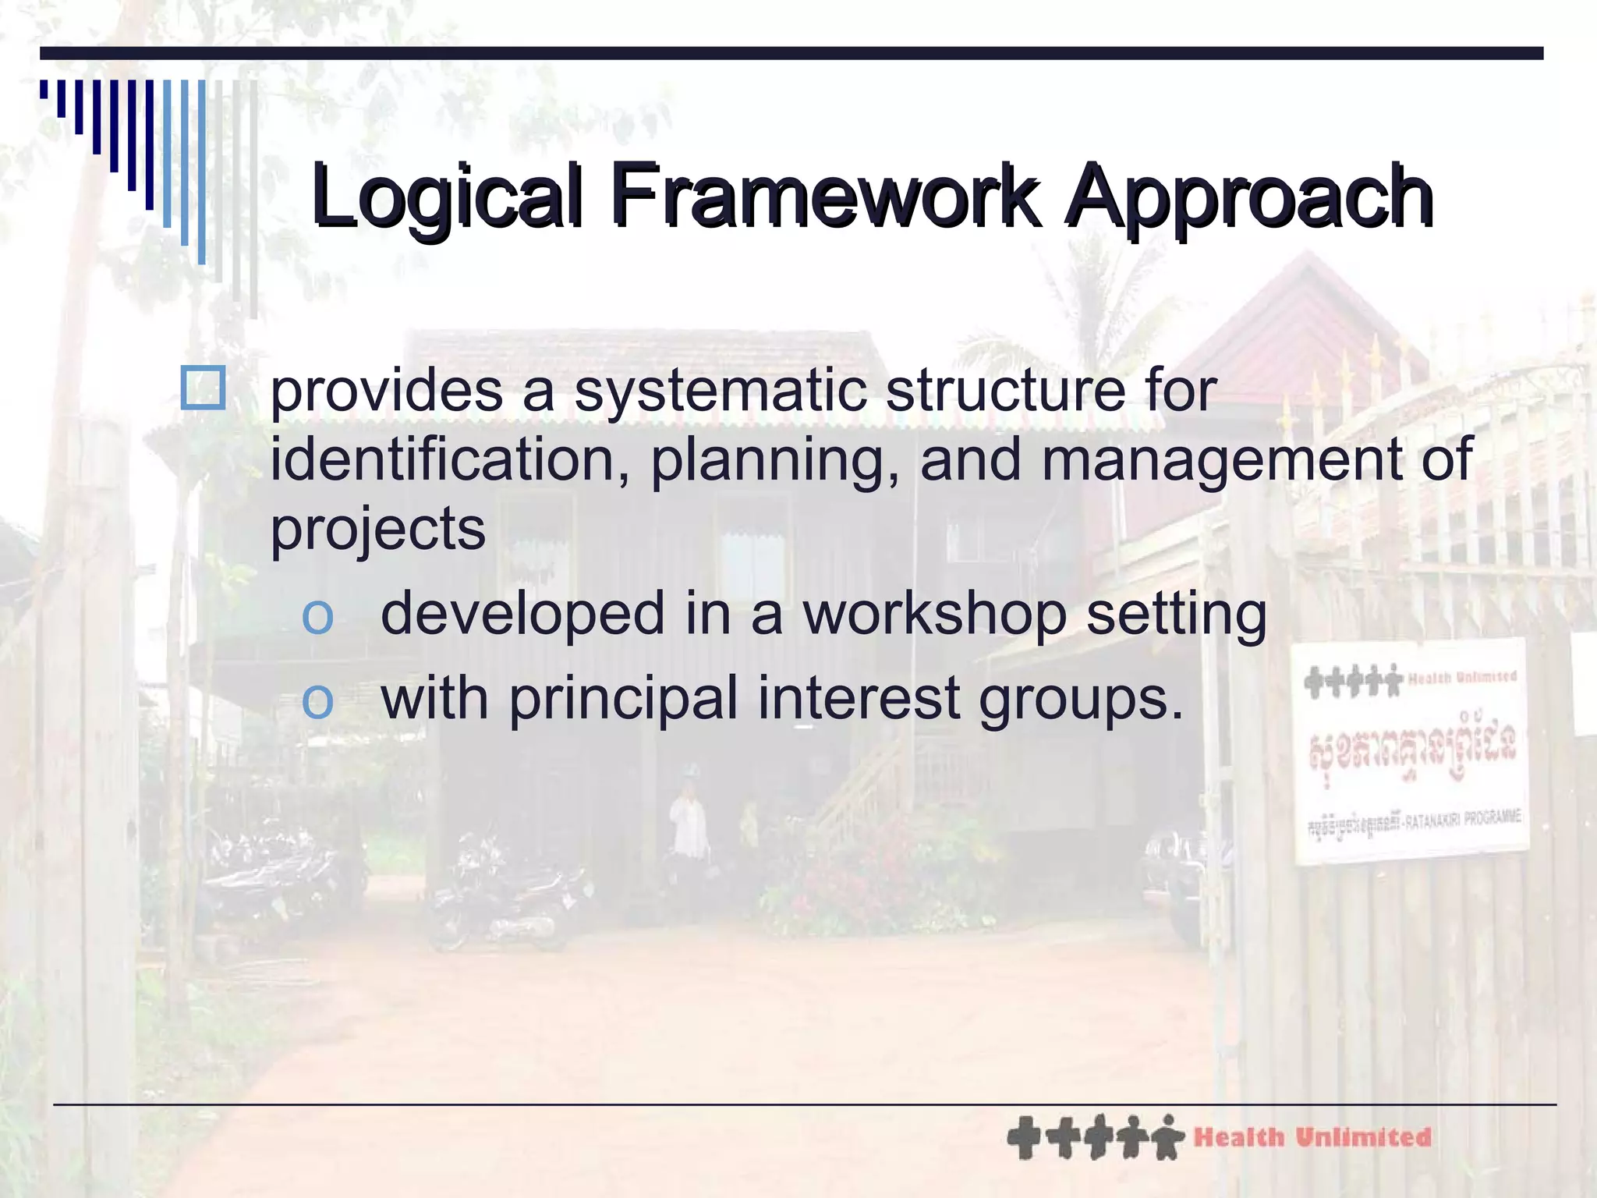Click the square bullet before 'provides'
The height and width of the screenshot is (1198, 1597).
tap(203, 388)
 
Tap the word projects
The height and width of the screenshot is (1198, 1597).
tap(377, 529)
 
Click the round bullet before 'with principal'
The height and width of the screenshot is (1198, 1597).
tap(317, 699)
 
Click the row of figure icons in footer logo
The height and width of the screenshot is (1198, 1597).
tap(1095, 1137)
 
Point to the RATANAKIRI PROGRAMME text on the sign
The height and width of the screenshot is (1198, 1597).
tap(1461, 820)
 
